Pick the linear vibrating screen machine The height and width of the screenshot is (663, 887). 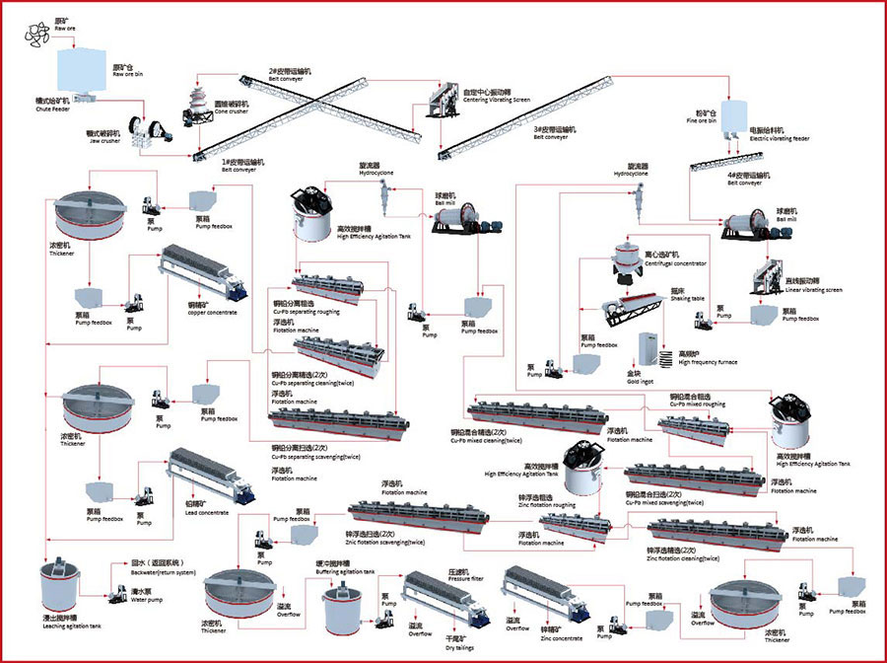point(775,278)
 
